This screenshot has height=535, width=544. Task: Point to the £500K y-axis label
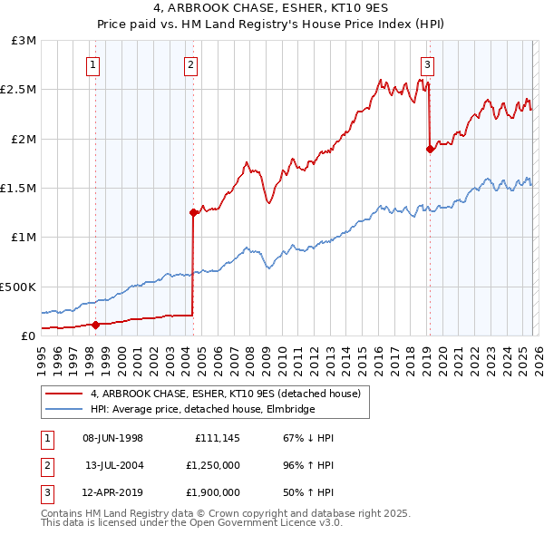[18, 287]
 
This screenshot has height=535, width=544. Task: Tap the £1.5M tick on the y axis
[18, 189]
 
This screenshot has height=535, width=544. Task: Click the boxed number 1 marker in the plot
[95, 64]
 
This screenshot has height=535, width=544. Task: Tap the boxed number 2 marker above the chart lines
[191, 64]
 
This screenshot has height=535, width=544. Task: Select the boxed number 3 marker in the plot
[427, 64]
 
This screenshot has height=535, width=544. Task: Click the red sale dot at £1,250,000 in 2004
[193, 213]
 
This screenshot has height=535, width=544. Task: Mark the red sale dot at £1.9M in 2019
[430, 150]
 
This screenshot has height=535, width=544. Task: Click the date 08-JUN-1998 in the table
[113, 438]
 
